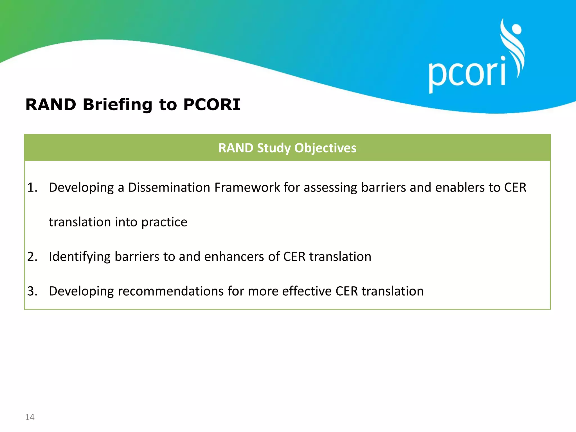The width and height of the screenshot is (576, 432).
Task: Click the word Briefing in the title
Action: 117,105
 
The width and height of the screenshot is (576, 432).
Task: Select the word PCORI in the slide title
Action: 212,105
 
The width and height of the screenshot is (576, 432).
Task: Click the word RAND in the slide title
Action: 51,105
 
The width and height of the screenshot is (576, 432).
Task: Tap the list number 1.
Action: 32,188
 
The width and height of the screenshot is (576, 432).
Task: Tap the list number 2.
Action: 32,256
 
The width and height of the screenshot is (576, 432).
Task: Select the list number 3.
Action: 32,291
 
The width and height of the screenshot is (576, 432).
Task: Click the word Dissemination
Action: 169,188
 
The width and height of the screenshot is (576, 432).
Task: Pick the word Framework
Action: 247,188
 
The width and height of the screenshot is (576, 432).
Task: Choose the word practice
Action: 164,222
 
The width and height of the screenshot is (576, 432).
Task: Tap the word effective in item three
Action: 307,291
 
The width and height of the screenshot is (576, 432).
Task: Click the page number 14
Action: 30,417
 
